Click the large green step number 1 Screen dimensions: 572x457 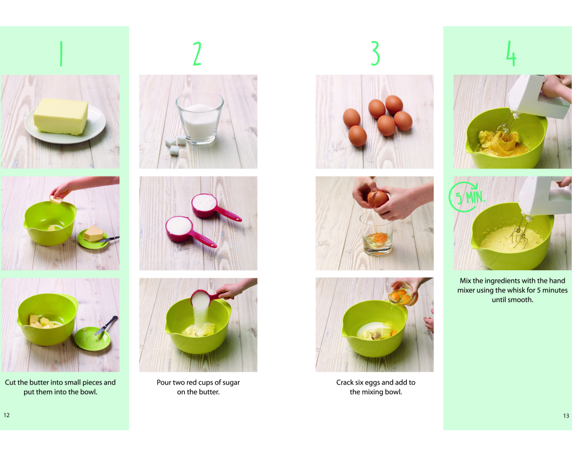(61, 54)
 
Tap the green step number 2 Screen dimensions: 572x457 (197, 54)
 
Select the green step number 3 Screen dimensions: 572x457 (375, 53)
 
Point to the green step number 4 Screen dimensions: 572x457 (511, 54)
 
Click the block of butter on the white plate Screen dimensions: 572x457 (61, 117)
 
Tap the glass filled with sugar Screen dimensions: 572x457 (200, 118)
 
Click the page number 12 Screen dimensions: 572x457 (6, 415)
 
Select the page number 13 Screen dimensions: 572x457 (566, 415)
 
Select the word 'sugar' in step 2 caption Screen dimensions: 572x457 (231, 383)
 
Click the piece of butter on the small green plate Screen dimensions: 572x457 (93, 233)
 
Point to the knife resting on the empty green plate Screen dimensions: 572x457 (106, 325)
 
